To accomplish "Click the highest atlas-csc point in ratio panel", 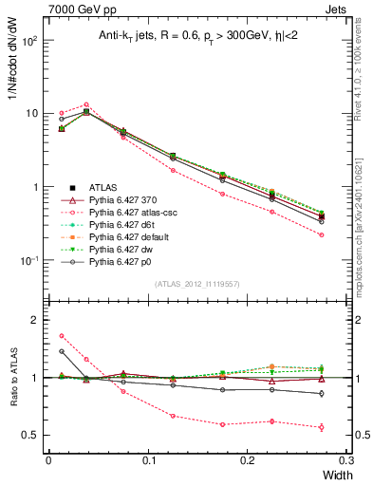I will point(62,335).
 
